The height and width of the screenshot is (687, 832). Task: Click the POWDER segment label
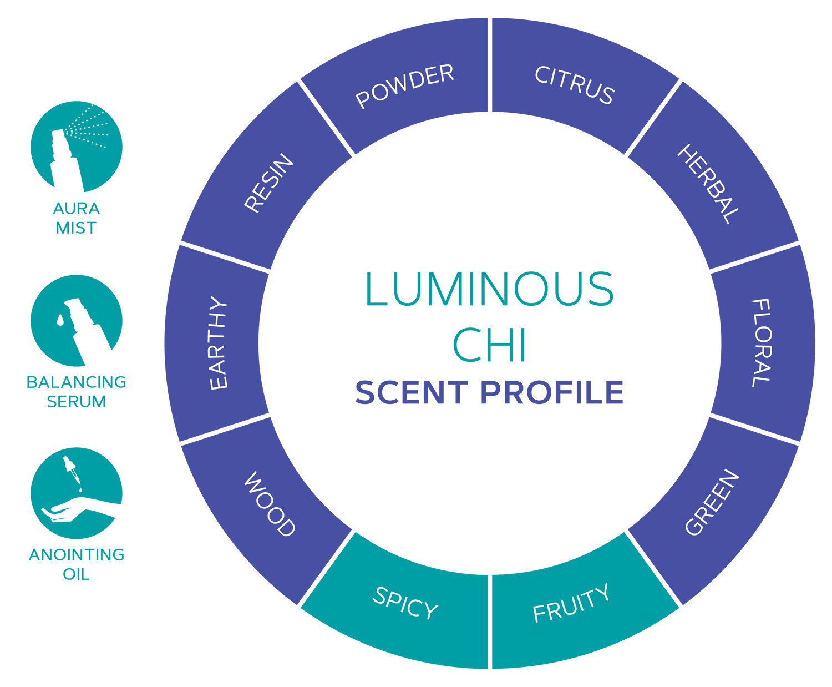tap(405, 86)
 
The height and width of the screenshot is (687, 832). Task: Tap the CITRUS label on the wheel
tap(575, 85)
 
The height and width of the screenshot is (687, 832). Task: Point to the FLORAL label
tap(761, 343)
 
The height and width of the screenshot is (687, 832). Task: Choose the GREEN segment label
tap(712, 503)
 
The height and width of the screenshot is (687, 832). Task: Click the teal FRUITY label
tap(571, 604)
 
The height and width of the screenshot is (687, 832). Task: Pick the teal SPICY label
tap(405, 603)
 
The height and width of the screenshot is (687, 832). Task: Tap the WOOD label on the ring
tap(270, 504)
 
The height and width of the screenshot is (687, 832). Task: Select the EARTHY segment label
tap(218, 343)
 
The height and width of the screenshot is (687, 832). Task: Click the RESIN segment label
tap(269, 183)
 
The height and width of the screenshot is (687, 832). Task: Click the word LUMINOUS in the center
tap(489, 289)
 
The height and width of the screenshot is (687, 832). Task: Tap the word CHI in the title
tap(489, 345)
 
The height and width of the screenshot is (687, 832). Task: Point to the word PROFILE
tap(552, 393)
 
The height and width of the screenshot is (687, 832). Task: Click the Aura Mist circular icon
tap(77, 147)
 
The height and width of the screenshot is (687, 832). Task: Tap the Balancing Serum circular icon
tap(77, 320)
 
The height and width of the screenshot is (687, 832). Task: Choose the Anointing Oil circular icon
tap(77, 493)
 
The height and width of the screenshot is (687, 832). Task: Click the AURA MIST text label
tap(77, 218)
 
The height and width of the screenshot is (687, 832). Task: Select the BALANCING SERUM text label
tap(77, 391)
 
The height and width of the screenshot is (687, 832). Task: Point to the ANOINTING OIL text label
tap(77, 564)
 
